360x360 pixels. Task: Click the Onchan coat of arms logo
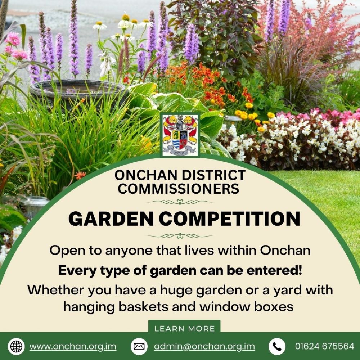180,135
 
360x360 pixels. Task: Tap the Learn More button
184,328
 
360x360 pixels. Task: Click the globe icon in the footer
16,346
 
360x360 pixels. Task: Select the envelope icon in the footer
139,346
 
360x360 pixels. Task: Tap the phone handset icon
277,346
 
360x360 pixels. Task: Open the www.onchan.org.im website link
73,346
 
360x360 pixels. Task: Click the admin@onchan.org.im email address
204,346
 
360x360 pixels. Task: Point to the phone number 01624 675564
325,346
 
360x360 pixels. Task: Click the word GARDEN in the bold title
111,219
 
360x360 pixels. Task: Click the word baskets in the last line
143,306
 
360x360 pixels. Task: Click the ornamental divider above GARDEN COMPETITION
180,202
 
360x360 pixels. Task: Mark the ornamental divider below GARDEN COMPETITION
180,236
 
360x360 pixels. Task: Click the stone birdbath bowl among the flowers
78,90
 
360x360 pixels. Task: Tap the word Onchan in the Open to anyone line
285,250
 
